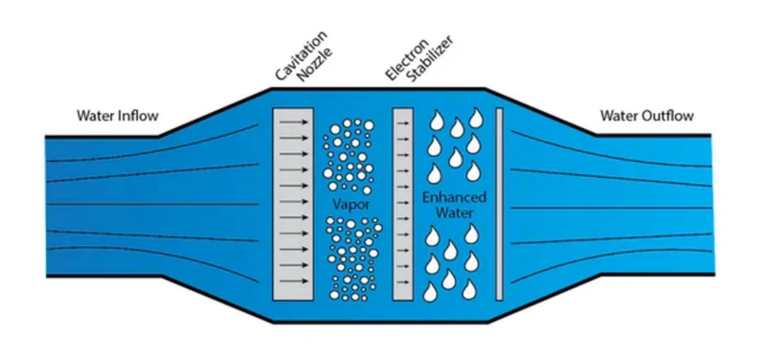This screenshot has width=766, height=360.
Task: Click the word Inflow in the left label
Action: (139, 116)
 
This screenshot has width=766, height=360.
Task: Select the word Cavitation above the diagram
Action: (300, 56)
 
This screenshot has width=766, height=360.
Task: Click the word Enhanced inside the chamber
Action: (454, 198)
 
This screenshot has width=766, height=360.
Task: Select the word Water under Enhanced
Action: (454, 214)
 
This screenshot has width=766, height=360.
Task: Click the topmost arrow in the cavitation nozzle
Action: (294, 123)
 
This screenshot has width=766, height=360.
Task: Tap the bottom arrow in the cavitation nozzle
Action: (294, 281)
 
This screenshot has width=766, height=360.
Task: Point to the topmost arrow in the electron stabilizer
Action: (402, 124)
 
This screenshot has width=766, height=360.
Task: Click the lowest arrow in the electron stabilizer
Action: (402, 282)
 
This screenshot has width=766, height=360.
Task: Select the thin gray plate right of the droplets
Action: (499, 204)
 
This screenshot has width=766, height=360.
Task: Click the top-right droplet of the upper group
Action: (476, 118)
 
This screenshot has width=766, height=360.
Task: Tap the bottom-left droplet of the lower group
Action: (430, 292)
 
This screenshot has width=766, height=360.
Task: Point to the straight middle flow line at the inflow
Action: (152, 204)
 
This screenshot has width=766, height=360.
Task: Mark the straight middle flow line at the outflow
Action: (611, 209)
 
